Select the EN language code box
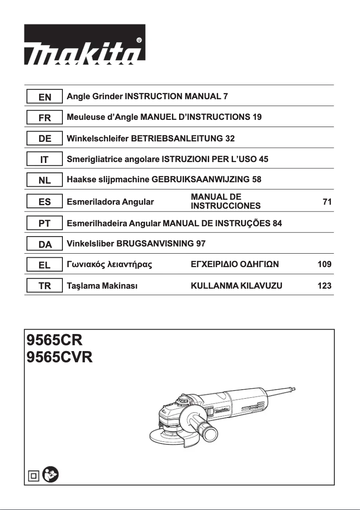click(x=44, y=97)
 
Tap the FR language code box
click(x=44, y=118)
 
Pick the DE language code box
click(x=44, y=139)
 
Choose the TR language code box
click(x=44, y=286)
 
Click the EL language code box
click(x=44, y=265)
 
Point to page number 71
click(x=327, y=202)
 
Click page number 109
click(x=325, y=264)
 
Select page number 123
click(x=325, y=286)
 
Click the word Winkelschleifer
click(x=97, y=138)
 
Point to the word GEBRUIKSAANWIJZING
click(x=201, y=180)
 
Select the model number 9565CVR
click(x=59, y=358)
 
